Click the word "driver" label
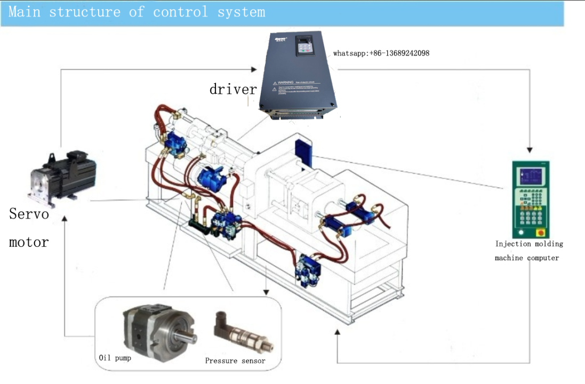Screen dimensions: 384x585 pos(233,89)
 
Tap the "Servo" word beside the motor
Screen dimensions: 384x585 pos(29,214)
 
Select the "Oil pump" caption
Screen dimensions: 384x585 pos(115,357)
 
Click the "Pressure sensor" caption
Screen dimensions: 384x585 pos(235,361)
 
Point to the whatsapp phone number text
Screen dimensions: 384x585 pos(381,53)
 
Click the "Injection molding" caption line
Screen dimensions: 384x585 pos(529,244)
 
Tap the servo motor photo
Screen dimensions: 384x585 pos(63,173)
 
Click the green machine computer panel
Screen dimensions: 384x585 pos(530,199)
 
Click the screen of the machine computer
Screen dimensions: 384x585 pos(531,177)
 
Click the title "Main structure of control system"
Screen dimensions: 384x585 pos(137,12)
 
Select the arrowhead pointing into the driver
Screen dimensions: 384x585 pos(254,69)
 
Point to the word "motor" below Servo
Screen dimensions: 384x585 pos(29,242)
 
